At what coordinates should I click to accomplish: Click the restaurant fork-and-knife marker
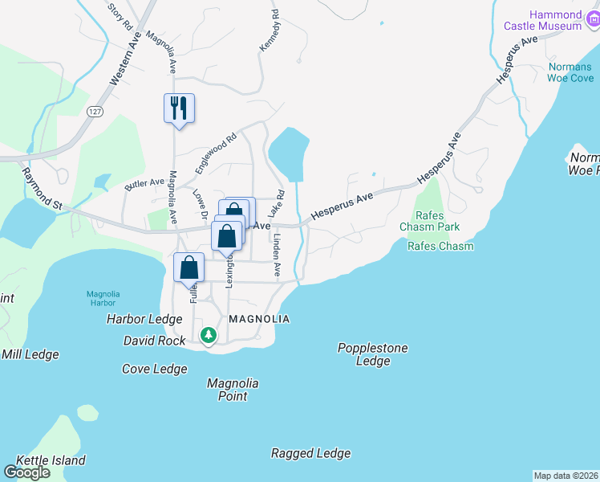(179, 108)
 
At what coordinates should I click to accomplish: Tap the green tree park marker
(209, 333)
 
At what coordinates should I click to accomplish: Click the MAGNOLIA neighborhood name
(258, 319)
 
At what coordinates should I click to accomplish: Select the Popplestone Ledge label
(372, 354)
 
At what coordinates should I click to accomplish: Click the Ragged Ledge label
(310, 453)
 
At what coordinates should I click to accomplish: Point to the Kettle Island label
(45, 460)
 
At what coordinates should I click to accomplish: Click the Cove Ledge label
(154, 369)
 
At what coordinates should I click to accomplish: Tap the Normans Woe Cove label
(570, 72)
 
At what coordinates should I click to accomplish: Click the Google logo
(26, 472)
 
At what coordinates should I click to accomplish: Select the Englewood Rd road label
(217, 153)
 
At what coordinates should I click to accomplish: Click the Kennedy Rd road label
(270, 32)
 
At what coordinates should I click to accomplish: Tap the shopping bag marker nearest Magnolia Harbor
(189, 267)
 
